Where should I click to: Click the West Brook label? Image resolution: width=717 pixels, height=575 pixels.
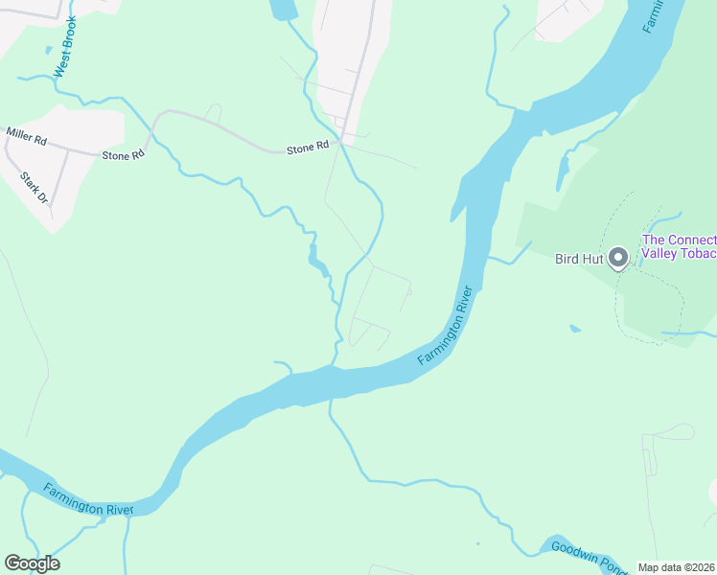click(x=65, y=47)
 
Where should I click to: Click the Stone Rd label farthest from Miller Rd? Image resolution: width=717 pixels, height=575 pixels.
click(x=309, y=148)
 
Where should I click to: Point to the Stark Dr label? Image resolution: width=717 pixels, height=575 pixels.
click(x=34, y=187)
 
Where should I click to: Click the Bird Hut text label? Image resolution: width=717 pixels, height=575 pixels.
click(x=579, y=259)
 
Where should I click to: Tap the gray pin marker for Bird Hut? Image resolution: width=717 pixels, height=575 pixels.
click(x=618, y=257)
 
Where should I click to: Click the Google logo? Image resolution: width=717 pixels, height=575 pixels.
click(x=32, y=563)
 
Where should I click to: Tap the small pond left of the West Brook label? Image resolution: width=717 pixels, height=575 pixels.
click(x=47, y=50)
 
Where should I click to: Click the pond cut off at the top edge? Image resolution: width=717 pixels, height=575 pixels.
click(x=284, y=10)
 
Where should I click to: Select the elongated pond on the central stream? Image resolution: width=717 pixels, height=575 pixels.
click(x=314, y=256)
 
